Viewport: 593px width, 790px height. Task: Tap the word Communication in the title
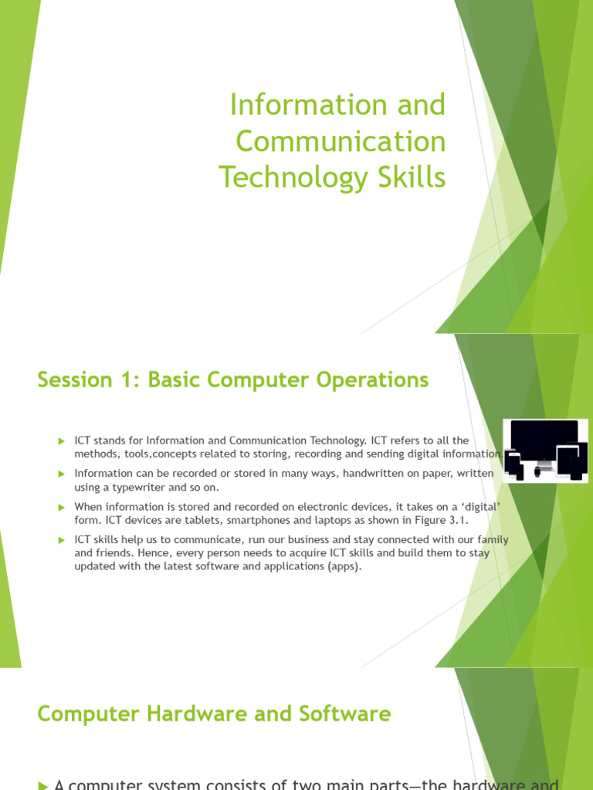coord(341,142)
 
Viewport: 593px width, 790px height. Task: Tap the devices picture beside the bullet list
coord(545,451)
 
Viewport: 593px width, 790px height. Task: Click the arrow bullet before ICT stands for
coord(62,441)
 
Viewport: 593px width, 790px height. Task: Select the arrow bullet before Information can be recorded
coord(62,473)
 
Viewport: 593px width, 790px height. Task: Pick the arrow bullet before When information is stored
coord(62,507)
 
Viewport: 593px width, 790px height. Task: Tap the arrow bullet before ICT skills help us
coord(62,540)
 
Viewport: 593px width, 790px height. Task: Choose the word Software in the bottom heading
coord(348,714)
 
